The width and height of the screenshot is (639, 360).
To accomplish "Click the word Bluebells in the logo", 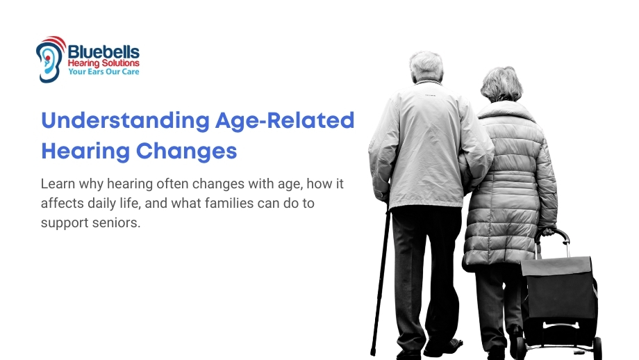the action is tap(103, 52).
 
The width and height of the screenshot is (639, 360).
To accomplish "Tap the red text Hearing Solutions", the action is tap(103, 63).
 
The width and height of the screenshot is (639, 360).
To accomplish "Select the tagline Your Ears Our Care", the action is tap(103, 72).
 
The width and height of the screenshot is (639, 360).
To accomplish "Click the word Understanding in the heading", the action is tap(126, 120).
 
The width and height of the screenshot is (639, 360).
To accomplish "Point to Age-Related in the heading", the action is tap(285, 120).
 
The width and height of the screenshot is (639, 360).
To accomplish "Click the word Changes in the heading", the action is tap(186, 151).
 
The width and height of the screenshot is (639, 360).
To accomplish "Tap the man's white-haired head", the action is tap(426, 66).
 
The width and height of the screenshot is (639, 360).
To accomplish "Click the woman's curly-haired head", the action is tap(501, 84).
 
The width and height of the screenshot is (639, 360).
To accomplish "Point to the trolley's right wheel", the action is tap(597, 347).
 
